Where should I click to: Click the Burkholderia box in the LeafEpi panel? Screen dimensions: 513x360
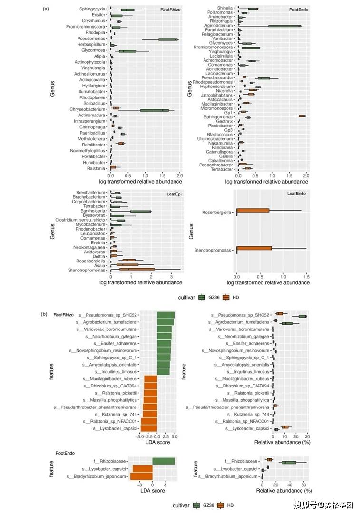(x=140, y=211)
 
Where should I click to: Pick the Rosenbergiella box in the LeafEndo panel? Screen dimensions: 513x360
(x=253, y=210)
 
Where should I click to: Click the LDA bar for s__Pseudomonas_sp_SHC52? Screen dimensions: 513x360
(x=166, y=315)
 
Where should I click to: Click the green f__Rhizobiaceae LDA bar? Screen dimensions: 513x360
(x=164, y=461)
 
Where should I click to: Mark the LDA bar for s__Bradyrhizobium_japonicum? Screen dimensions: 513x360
(x=143, y=476)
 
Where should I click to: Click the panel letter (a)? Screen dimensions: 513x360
(x=46, y=9)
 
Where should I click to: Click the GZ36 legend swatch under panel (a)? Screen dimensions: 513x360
(x=202, y=297)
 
